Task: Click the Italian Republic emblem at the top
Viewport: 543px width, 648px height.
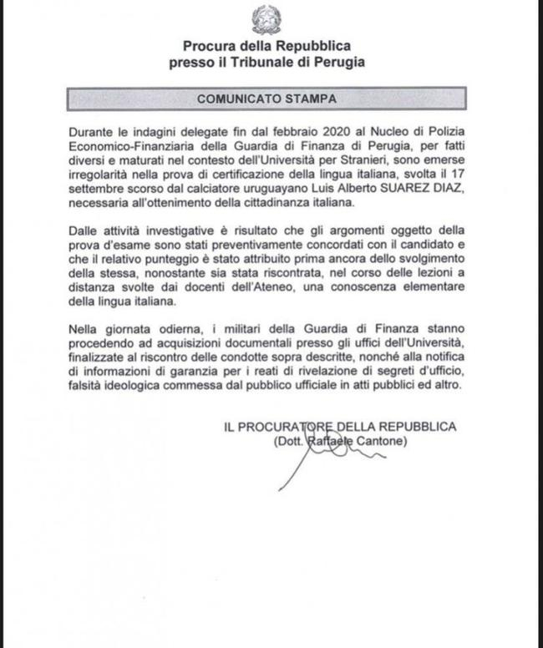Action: [268, 18]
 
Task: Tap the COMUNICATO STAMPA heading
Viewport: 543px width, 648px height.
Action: [267, 99]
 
